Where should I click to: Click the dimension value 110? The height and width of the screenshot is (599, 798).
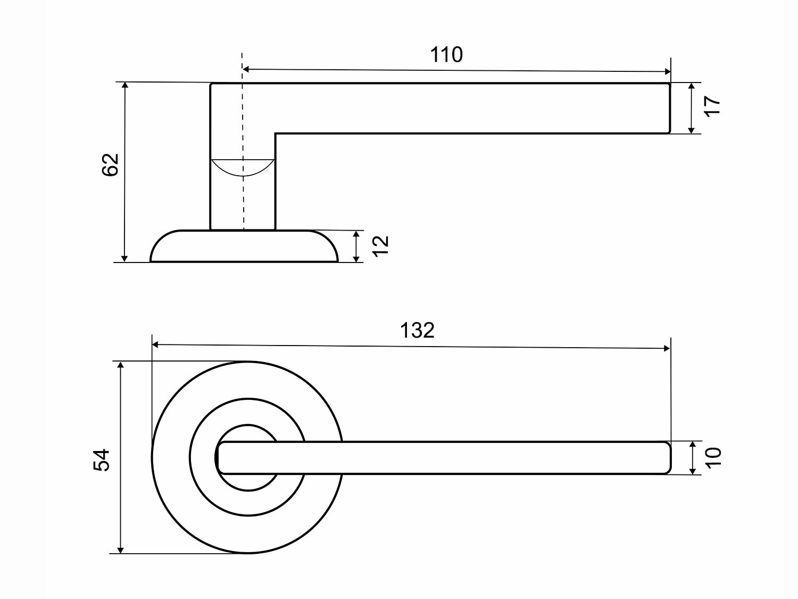446,54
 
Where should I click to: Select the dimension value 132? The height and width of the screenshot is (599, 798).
417,331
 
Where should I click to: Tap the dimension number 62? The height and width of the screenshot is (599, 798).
110,165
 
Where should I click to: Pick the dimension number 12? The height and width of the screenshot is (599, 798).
381,246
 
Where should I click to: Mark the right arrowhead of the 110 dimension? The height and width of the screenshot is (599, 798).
667,72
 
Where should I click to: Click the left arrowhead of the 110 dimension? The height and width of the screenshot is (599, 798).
246,69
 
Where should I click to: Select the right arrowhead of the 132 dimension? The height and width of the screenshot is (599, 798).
667,348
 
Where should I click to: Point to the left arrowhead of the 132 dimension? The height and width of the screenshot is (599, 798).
156,344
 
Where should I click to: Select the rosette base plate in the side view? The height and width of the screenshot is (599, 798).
244,247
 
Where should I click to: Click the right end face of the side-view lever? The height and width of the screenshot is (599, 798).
669,108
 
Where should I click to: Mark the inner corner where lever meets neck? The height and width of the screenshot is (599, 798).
276,133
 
